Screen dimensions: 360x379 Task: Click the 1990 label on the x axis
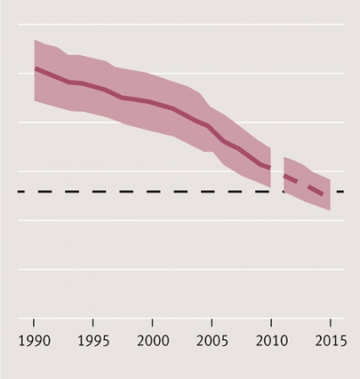[34, 341]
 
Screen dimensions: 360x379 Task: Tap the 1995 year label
[93, 341]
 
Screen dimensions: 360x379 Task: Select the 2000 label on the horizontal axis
[152, 341]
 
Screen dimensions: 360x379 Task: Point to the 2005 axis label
[212, 341]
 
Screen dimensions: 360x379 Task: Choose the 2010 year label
[272, 341]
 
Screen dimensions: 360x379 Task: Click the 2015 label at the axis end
[331, 341]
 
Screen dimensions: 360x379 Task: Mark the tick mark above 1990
[34, 322]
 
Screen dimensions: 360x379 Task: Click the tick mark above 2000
[152, 322]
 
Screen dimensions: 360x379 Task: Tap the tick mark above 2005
[212, 322]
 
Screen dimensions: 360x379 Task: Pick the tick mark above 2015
[330, 322]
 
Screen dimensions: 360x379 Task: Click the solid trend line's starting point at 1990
[35, 69]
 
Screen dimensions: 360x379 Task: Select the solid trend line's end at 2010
[270, 168]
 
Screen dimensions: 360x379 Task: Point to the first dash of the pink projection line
[291, 179]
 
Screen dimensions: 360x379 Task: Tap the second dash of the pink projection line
[315, 191]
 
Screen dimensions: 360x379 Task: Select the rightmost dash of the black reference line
[341, 192]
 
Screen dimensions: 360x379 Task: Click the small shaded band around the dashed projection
[307, 184]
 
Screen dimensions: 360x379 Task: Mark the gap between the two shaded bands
[277, 170]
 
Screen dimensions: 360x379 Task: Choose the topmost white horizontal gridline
[180, 25]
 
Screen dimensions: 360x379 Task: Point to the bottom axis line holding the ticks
[180, 319]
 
